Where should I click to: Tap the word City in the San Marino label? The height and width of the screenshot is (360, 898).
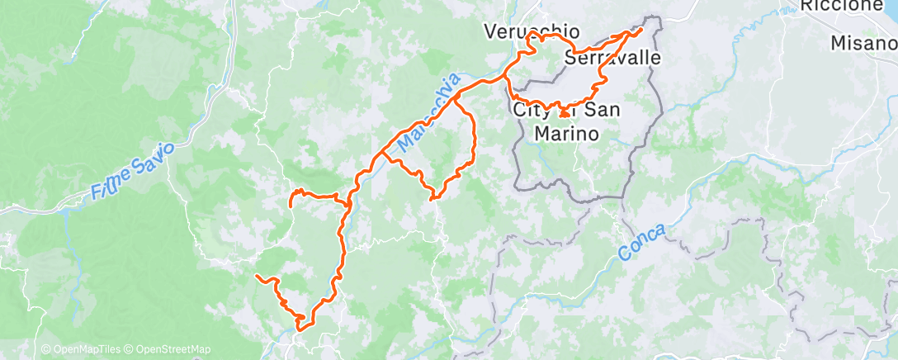tap(530, 109)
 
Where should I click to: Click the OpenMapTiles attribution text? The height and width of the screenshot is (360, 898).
tap(84, 350)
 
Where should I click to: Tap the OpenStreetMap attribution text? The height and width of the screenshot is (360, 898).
tap(172, 350)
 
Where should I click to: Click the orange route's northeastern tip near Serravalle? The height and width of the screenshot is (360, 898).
tap(640, 30)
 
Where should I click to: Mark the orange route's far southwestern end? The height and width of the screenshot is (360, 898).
tap(258, 275)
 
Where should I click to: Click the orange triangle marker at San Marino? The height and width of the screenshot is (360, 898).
tap(564, 112)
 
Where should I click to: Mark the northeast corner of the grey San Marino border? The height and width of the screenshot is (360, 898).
tap(659, 17)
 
